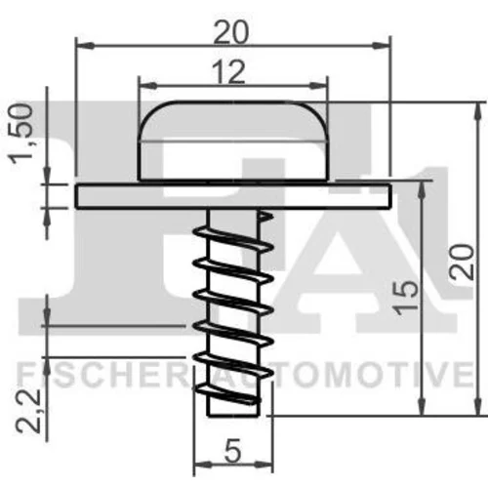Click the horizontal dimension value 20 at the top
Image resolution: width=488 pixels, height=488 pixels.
[x=231, y=32]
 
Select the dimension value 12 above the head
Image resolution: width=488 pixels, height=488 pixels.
[x=228, y=72]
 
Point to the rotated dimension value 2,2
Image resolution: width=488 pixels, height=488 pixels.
[x=29, y=411]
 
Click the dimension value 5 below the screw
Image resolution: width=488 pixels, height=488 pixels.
[x=233, y=451]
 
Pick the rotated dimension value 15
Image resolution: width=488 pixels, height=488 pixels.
[x=406, y=297]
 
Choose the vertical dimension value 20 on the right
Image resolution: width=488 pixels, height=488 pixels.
[x=461, y=262]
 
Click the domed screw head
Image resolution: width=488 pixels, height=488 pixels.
[x=232, y=141]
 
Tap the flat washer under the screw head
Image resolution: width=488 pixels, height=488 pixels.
[x=232, y=196]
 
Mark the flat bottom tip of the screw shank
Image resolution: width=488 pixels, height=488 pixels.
[x=233, y=416]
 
